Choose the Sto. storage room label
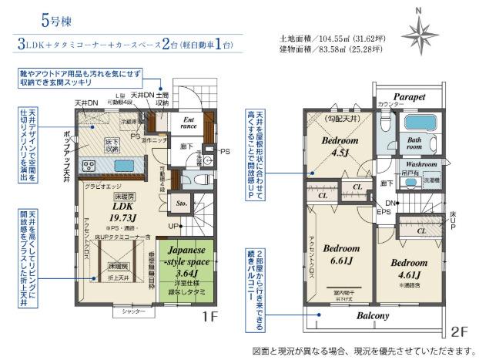[182, 204]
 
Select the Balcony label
[372, 316]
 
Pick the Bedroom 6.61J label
[340, 254]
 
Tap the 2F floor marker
[460, 332]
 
